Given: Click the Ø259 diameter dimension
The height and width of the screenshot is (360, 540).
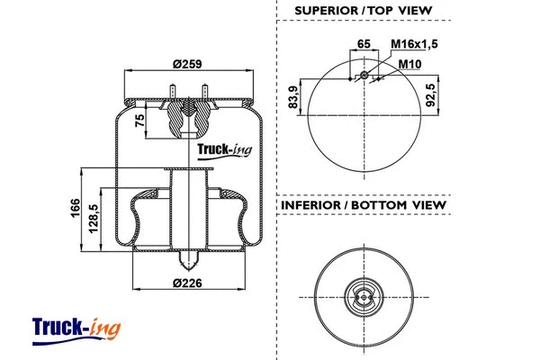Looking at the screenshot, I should click(186, 63).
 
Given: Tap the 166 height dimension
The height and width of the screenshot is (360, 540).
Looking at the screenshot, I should click(75, 209).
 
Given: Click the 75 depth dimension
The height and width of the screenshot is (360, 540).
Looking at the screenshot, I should click(140, 121).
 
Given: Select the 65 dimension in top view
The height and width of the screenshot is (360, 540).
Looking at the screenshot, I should click(364, 43).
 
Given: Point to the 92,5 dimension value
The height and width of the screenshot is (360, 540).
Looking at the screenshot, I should click(432, 92).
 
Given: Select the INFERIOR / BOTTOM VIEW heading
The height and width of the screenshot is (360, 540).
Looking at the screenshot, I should click(364, 205).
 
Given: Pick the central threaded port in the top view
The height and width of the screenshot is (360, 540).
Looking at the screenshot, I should click(364, 76).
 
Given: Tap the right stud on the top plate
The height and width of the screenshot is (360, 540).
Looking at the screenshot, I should click(207, 94).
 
